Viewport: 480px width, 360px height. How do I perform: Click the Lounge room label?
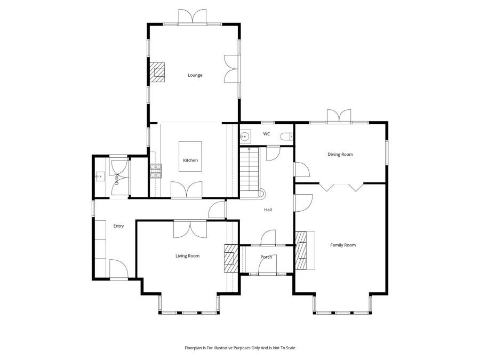click(x=195, y=75)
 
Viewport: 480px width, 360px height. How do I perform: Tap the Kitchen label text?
click(x=190, y=161)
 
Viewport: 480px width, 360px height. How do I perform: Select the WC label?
click(x=266, y=134)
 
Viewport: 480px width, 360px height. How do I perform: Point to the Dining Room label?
click(x=340, y=155)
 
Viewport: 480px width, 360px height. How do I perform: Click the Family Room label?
click(x=342, y=245)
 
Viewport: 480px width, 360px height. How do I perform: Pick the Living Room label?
click(x=187, y=256)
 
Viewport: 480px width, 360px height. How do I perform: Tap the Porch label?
click(x=266, y=257)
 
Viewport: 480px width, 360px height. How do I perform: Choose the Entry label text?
click(x=118, y=226)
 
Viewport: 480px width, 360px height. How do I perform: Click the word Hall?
click(x=268, y=210)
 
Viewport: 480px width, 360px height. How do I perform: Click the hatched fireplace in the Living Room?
click(x=230, y=259)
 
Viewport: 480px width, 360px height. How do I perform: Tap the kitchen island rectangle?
click(x=190, y=157)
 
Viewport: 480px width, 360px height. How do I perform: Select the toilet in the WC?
click(x=289, y=137)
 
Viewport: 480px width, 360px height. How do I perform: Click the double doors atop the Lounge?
click(x=191, y=17)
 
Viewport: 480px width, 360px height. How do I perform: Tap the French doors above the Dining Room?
click(x=339, y=116)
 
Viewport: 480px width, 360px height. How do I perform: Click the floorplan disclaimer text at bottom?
click(x=239, y=347)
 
